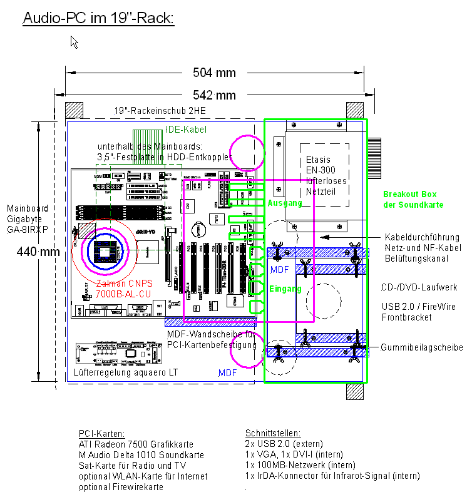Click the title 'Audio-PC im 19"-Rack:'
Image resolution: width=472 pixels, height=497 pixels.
(98, 18)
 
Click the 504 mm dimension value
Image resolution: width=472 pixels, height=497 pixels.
(214, 73)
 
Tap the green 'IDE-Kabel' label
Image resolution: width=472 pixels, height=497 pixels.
(187, 130)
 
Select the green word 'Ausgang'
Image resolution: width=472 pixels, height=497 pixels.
(285, 203)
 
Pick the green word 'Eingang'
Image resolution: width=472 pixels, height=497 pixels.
(285, 289)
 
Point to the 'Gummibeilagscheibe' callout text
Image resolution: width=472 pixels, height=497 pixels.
(422, 347)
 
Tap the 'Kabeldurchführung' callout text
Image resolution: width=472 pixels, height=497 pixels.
(422, 237)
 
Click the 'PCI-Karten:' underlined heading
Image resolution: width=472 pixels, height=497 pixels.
(101, 433)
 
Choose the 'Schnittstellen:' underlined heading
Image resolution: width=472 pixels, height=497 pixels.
(273, 433)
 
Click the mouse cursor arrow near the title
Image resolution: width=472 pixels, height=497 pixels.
(74, 42)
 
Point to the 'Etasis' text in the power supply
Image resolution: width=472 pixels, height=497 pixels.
(318, 160)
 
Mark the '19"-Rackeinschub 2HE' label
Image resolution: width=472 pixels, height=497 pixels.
(160, 111)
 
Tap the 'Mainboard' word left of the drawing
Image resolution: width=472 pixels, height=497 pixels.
(27, 208)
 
